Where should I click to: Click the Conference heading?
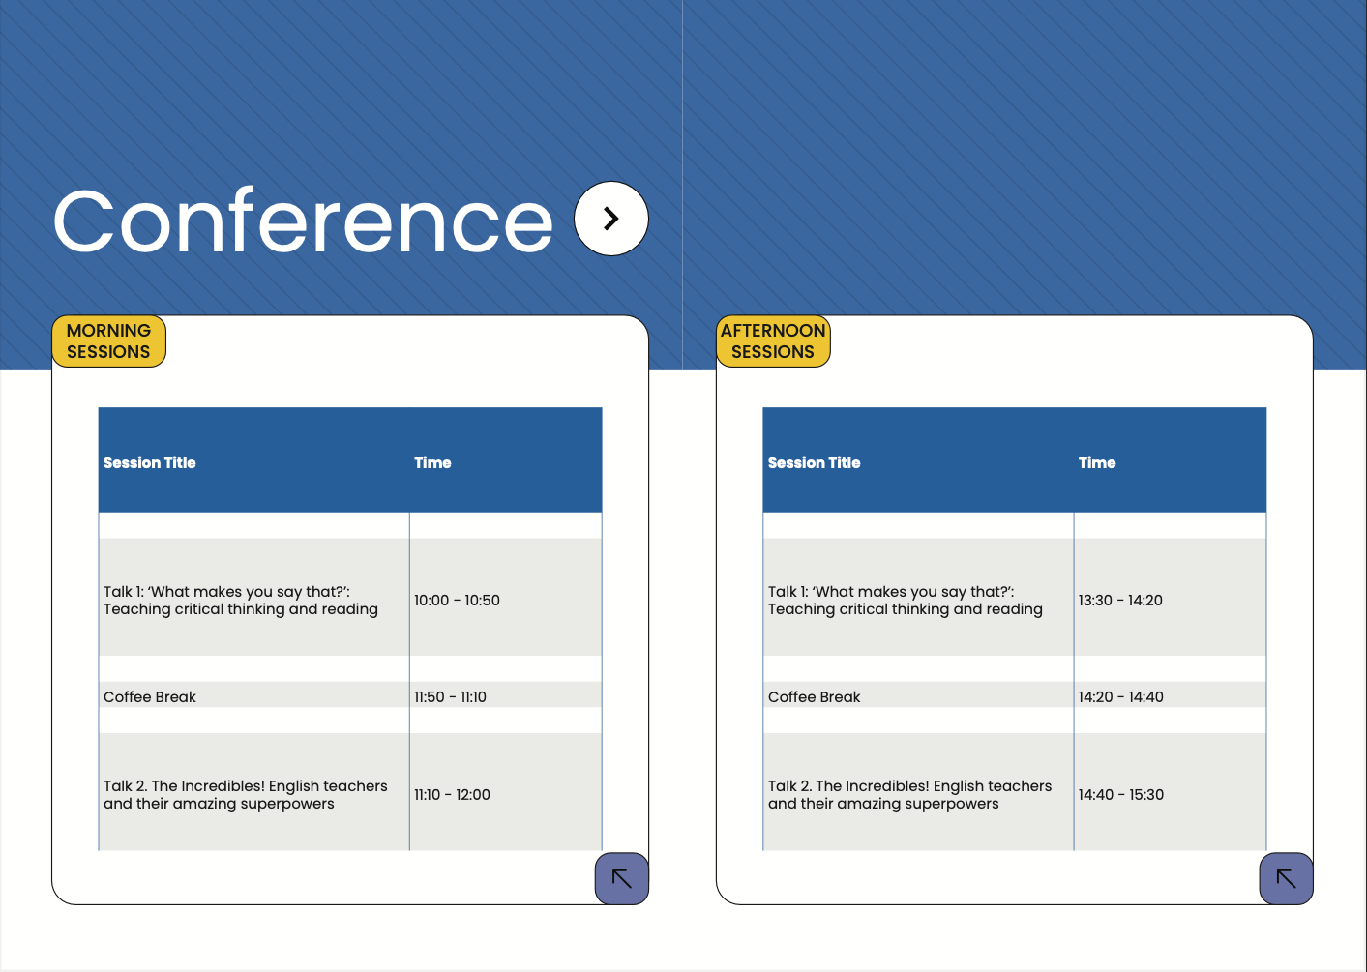click(304, 221)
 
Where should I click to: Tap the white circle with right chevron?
click(610, 219)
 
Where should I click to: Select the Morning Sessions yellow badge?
click(108, 341)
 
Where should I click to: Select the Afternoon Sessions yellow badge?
click(773, 341)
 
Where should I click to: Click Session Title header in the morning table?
click(150, 462)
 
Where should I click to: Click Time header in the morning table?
click(432, 462)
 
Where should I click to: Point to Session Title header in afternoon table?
click(814, 462)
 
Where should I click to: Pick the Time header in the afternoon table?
click(1097, 462)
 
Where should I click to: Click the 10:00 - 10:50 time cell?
click(457, 601)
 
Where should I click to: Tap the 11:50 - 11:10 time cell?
click(451, 696)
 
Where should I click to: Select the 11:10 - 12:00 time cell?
click(452, 794)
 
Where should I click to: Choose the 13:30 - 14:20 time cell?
click(1120, 601)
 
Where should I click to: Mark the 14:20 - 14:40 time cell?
click(1121, 696)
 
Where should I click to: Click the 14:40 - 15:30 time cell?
click(1121, 794)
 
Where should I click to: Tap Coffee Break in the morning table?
click(150, 696)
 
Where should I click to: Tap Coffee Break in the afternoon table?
click(814, 696)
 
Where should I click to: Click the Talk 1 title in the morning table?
click(241, 601)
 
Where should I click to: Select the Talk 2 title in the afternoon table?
click(910, 794)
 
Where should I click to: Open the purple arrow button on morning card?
click(622, 878)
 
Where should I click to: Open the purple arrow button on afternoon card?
click(1286, 878)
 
